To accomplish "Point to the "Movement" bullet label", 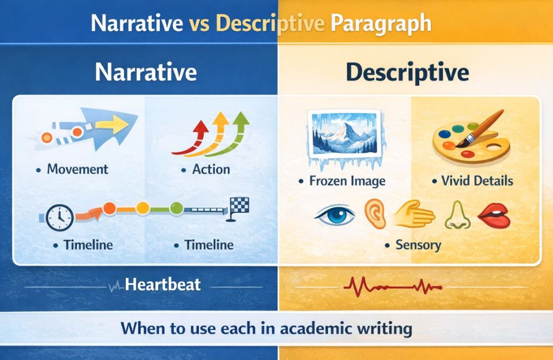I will point(78,169).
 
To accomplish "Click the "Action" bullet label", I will point(211,169).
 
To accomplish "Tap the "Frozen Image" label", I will point(347,180).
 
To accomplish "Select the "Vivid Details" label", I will point(477,180).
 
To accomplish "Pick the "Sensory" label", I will point(418,245).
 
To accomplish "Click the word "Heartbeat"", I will point(163,284).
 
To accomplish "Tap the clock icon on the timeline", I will point(59,218).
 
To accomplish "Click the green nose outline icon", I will point(456,215).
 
